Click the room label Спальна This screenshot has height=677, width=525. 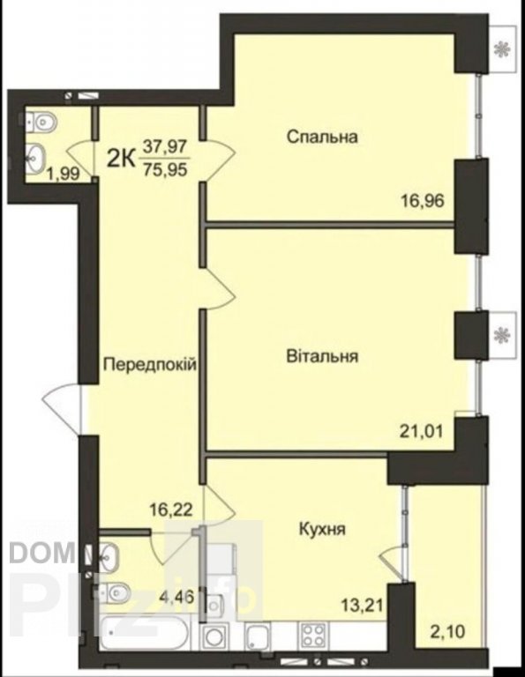click(x=322, y=138)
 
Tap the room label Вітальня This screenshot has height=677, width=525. click(x=322, y=357)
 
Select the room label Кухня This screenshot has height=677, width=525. click(x=322, y=529)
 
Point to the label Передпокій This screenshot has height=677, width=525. click(x=150, y=365)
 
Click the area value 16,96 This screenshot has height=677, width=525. click(x=423, y=201)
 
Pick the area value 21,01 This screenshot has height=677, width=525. click(x=421, y=431)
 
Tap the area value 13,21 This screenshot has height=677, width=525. click(x=361, y=606)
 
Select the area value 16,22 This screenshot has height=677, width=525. click(x=171, y=510)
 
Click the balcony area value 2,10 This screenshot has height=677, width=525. click(x=447, y=632)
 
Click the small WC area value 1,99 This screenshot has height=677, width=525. click(x=64, y=174)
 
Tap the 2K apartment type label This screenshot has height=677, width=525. click(x=122, y=159)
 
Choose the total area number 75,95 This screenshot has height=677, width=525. click(x=166, y=169)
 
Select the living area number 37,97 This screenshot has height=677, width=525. click(x=166, y=147)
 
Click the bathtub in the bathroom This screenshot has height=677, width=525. click(x=144, y=634)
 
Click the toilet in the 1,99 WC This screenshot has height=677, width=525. click(x=41, y=123)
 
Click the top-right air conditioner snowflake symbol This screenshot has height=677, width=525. click(x=502, y=48)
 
